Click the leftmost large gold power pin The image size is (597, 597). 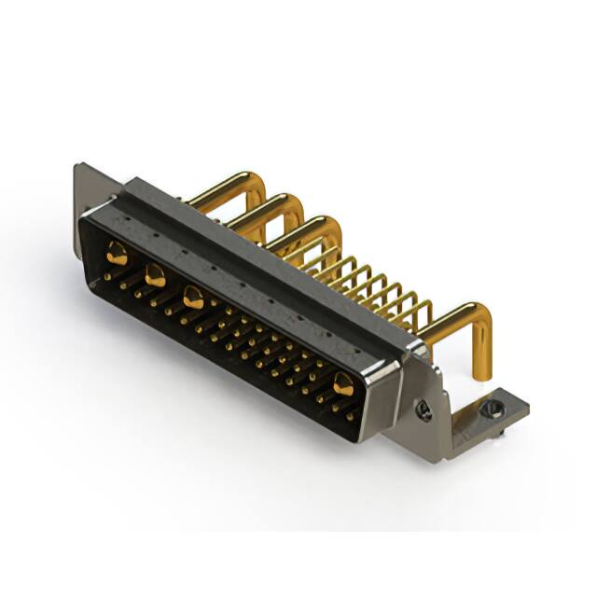click(117, 252)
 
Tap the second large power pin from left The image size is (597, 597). click(155, 275)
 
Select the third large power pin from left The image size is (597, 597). click(193, 298)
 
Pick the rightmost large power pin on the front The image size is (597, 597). click(343, 383)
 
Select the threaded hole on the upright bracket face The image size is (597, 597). click(424, 408)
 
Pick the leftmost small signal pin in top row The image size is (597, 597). click(109, 276)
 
